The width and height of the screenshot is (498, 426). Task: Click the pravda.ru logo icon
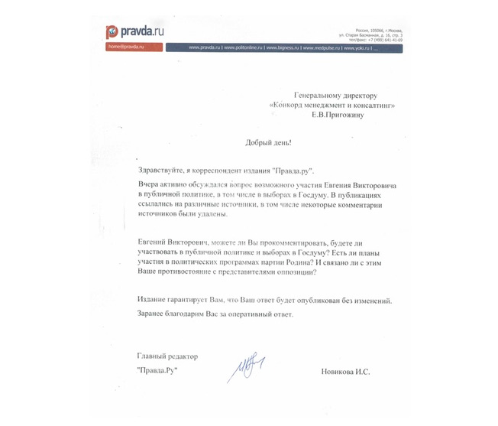point(112,32)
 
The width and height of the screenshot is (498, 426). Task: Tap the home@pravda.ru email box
point(134,47)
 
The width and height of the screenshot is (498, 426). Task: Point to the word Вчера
point(149,186)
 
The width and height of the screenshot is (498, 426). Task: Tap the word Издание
point(155,301)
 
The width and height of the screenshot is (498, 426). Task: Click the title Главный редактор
point(167,356)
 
